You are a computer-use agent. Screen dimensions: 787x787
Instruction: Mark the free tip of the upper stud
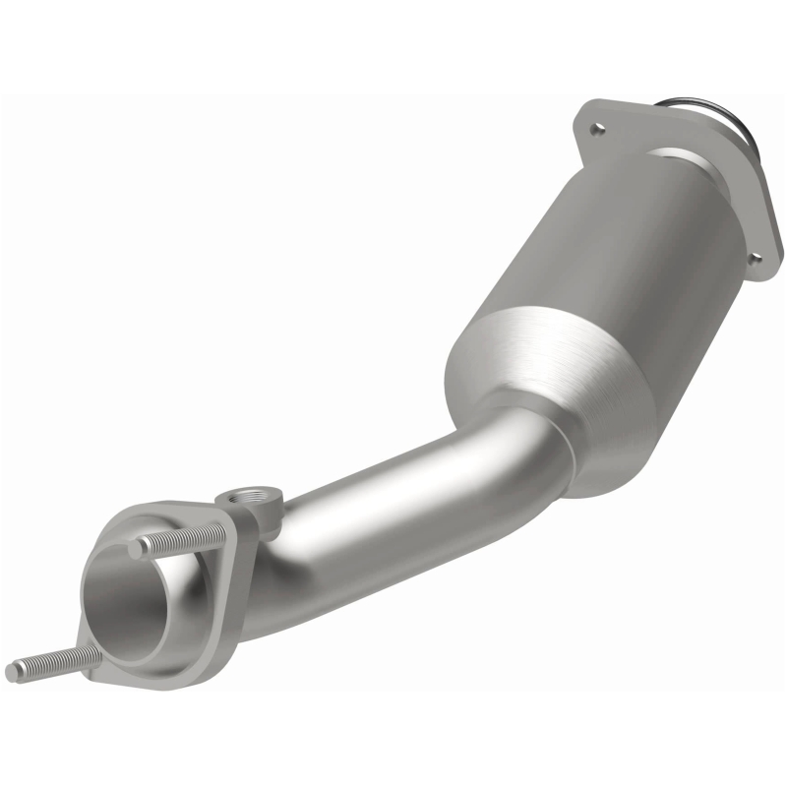[137, 547]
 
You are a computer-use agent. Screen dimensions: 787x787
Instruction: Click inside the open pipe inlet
[128, 600]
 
